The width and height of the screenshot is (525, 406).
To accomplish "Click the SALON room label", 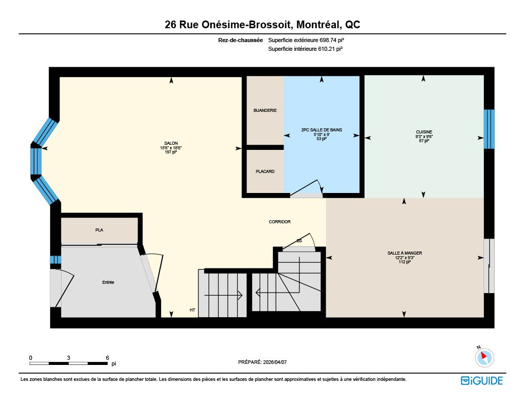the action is pyautogui.click(x=171, y=143).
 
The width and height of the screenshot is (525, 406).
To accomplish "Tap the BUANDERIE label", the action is pyautogui.click(x=265, y=110).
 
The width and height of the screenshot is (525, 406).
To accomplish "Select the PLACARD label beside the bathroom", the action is pyautogui.click(x=265, y=171).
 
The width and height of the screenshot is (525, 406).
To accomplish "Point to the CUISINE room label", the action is pyautogui.click(x=424, y=132).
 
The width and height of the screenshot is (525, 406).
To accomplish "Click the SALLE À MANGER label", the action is pyautogui.click(x=405, y=253).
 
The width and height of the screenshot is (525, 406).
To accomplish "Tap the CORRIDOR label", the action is pyautogui.click(x=279, y=222).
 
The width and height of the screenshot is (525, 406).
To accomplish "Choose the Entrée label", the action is pyautogui.click(x=108, y=282).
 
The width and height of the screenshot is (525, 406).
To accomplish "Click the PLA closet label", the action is pyautogui.click(x=99, y=230).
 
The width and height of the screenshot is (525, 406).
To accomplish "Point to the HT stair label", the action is pyautogui.click(x=192, y=310).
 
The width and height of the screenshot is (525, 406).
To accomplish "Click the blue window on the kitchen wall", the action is pyautogui.click(x=489, y=129).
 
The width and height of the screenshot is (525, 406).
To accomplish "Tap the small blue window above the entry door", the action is pyautogui.click(x=55, y=260).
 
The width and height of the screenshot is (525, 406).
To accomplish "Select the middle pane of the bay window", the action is pyautogui.click(x=36, y=161).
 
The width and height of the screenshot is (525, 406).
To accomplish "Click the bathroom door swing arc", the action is pyautogui.click(x=320, y=187).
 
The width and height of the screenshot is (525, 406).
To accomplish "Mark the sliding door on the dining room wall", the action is pyautogui.click(x=489, y=266).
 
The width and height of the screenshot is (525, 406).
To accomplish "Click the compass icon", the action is pyautogui.click(x=484, y=357).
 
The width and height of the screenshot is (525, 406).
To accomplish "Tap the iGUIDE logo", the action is pyautogui.click(x=482, y=380).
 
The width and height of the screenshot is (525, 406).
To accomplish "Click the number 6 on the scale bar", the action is pyautogui.click(x=108, y=358).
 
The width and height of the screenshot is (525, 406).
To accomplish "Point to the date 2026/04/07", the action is pyautogui.click(x=275, y=362).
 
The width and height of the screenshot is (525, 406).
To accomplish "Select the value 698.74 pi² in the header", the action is pyautogui.click(x=332, y=40).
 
